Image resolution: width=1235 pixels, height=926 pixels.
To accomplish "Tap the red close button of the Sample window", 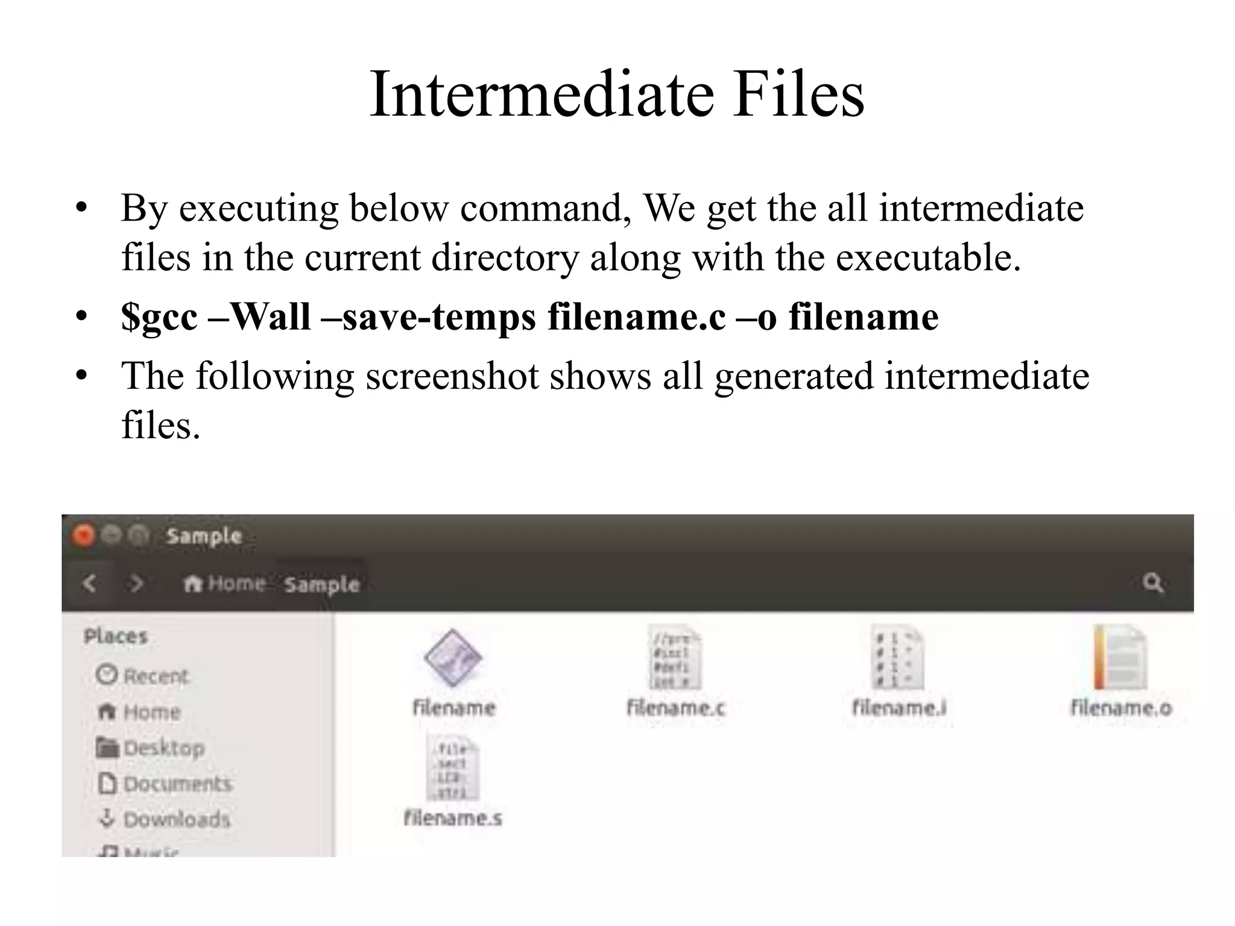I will [84, 535].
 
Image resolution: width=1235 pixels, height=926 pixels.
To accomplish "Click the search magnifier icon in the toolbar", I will [1152, 583].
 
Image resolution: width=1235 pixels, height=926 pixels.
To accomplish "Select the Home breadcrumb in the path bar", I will [226, 584].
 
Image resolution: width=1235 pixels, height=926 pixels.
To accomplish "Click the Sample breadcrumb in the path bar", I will [321, 585].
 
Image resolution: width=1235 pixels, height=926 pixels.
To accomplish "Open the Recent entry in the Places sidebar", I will [143, 675].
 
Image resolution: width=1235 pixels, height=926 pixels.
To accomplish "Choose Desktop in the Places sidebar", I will [151, 748].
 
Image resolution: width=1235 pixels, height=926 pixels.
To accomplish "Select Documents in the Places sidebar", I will [165, 784].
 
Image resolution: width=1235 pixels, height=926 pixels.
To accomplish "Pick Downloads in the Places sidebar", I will [165, 819].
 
